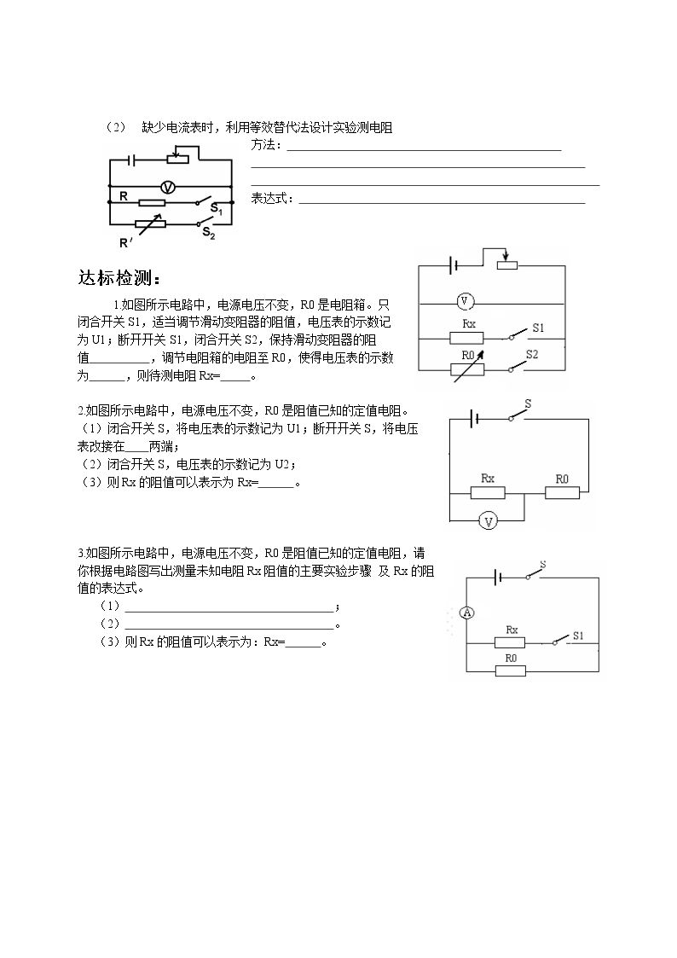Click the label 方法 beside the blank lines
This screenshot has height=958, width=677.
pyautogui.click(x=263, y=145)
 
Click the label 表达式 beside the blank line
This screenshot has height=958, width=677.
pyautogui.click(x=269, y=199)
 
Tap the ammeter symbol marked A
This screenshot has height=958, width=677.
pyautogui.click(x=467, y=613)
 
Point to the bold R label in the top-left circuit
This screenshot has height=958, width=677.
pyautogui.click(x=124, y=196)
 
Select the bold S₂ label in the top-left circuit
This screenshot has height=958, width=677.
pyautogui.click(x=209, y=233)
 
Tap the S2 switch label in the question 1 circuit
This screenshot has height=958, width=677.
pyautogui.click(x=532, y=354)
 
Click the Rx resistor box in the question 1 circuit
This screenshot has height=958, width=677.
pyautogui.click(x=466, y=338)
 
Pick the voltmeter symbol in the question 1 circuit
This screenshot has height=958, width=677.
pyautogui.click(x=465, y=301)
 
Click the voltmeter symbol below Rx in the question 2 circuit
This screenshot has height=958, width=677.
pyautogui.click(x=488, y=521)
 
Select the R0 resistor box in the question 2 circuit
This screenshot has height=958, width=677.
pyautogui.click(x=562, y=492)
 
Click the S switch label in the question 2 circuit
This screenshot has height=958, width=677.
pyautogui.click(x=528, y=404)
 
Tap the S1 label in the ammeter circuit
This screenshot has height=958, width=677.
pyautogui.click(x=577, y=636)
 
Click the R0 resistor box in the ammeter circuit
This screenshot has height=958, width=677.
pyautogui.click(x=511, y=671)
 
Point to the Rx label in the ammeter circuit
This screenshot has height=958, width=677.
pyautogui.click(x=512, y=630)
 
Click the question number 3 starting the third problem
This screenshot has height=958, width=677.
pyautogui.click(x=81, y=554)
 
